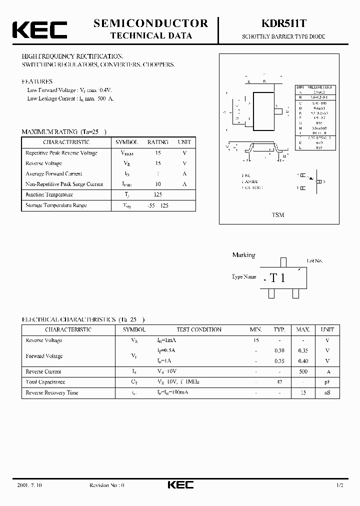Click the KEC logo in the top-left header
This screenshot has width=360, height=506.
pos(39,30)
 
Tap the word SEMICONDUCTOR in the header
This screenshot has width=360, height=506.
pos(150,23)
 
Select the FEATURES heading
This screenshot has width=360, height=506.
pos(37,81)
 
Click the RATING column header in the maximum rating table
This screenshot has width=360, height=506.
pos(158,142)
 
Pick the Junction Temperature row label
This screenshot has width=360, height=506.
pos(49,194)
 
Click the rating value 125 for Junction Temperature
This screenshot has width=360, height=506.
pos(158,194)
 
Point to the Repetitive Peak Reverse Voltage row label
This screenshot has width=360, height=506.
pos(61,153)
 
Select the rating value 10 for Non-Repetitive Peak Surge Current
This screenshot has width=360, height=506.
pos(158,184)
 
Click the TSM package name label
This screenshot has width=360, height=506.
pos(278,215)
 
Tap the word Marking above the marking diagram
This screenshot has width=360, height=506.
pos(243,255)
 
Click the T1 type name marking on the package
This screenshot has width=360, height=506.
pos(277,278)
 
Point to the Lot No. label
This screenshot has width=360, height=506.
pos(315,261)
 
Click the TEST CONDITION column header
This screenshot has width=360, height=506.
pos(199,330)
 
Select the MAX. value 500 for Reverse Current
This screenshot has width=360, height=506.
pos(303,371)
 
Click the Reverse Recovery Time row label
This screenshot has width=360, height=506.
pos(52,392)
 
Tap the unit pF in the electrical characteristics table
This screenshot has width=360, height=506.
pos(327,382)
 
